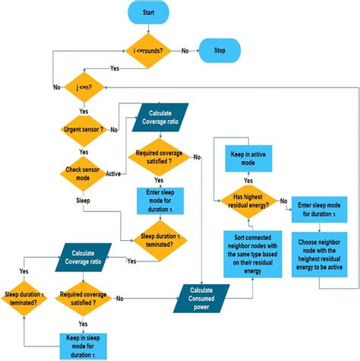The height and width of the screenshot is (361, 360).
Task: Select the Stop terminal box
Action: point(219,51)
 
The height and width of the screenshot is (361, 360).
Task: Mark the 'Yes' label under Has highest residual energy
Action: point(248,181)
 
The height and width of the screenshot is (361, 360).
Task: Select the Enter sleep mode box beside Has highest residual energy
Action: point(320,209)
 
